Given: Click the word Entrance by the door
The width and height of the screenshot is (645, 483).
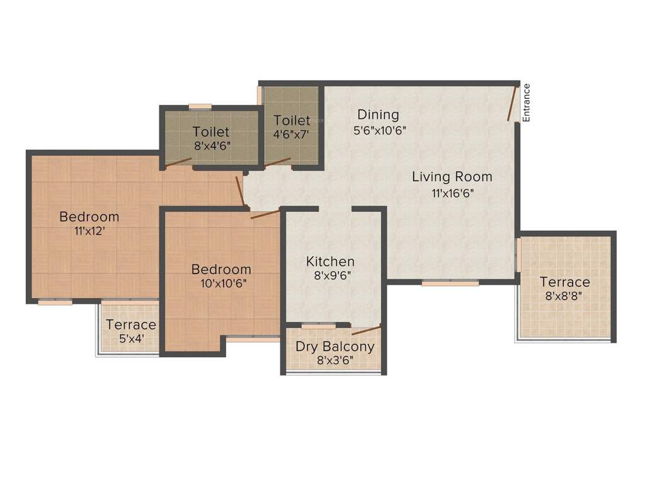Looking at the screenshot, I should [x=527, y=103].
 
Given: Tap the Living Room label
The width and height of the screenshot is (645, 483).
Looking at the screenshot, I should [x=452, y=177].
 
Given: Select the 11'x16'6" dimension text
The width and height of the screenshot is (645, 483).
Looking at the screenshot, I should [x=452, y=193].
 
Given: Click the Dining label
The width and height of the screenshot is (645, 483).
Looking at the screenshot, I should [x=378, y=114].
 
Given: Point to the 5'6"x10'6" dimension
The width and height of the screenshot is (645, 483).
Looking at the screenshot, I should [x=378, y=131].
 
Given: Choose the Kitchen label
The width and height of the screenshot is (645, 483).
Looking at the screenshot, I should [x=330, y=261].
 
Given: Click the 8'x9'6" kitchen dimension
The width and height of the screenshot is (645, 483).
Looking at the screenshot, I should [x=330, y=275].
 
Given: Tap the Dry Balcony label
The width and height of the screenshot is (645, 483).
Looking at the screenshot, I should [x=334, y=347].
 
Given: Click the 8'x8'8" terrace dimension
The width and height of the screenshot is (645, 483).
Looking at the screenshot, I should [x=564, y=296].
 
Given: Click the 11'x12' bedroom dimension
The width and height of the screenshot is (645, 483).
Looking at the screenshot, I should [x=89, y=231].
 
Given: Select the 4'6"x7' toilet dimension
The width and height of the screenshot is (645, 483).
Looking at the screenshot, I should [x=291, y=133].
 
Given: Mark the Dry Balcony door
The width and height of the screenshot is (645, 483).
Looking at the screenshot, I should [x=366, y=330].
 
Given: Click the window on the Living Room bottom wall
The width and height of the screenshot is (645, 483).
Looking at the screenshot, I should [x=450, y=283].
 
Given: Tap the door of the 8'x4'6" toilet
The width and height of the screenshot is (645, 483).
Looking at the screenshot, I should [x=178, y=162].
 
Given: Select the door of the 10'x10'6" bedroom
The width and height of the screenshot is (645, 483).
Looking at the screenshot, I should [x=265, y=214].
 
